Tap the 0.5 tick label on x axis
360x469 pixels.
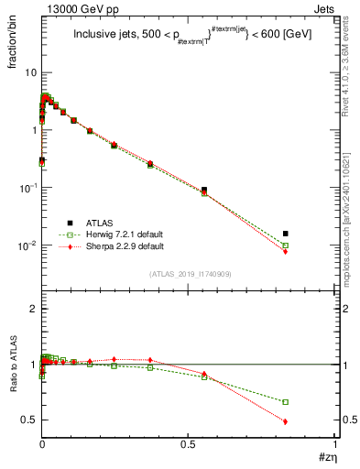[x=188, y=445]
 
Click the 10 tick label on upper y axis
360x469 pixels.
[x=30, y=72]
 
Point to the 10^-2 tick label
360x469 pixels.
[x=27, y=245]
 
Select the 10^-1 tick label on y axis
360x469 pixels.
[x=27, y=188]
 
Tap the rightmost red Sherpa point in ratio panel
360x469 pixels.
[x=286, y=421]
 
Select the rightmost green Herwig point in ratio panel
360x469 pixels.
[x=286, y=402]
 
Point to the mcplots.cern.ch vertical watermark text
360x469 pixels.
[x=351, y=220]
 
